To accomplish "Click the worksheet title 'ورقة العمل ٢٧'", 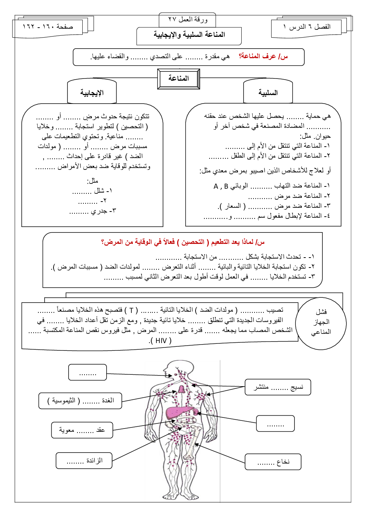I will pyautogui.click(x=188, y=20).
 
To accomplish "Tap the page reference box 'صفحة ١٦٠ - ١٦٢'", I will pyautogui.click(x=48, y=27).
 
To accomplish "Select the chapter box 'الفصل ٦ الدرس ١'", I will pyautogui.click(x=307, y=27).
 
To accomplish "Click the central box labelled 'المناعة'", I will pyautogui.click(x=179, y=78).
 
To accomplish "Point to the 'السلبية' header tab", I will pyautogui.click(x=268, y=92).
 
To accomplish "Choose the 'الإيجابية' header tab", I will pyautogui.click(x=92, y=92).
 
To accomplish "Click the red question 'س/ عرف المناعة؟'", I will pyautogui.click(x=263, y=56).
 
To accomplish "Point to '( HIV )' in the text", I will pyautogui.click(x=161, y=340).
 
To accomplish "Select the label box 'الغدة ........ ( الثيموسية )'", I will pyautogui.click(x=80, y=401).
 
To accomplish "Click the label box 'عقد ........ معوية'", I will pyautogui.click(x=82, y=430).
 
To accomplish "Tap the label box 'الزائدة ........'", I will pyautogui.click(x=84, y=461).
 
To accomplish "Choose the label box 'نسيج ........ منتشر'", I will pyautogui.click(x=278, y=387).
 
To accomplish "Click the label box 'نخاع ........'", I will pyautogui.click(x=273, y=462).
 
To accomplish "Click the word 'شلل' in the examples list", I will pyautogui.click(x=99, y=191).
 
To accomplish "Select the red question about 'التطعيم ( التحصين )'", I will pyautogui.click(x=183, y=242).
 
